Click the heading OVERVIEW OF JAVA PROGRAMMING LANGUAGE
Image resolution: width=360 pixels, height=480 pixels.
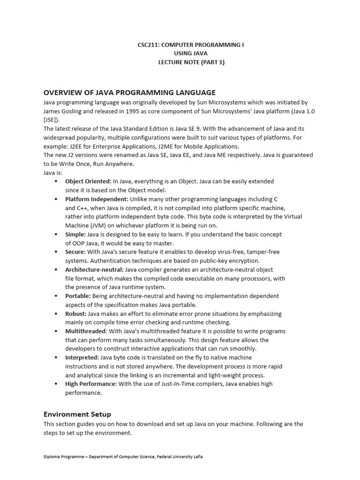[x=129, y=92]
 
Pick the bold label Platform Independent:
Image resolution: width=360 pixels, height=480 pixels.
[x=97, y=199]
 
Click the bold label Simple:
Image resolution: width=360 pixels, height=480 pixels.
[x=75, y=234]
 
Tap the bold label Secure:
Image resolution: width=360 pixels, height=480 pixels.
[x=75, y=252]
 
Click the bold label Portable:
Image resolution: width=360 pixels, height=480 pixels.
[x=78, y=296]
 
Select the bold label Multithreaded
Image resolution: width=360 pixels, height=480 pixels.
[x=86, y=331]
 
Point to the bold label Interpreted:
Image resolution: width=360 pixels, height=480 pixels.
[x=82, y=357]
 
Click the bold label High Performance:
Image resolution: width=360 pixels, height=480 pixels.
[x=91, y=384]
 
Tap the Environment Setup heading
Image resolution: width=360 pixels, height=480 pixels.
[x=77, y=414]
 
